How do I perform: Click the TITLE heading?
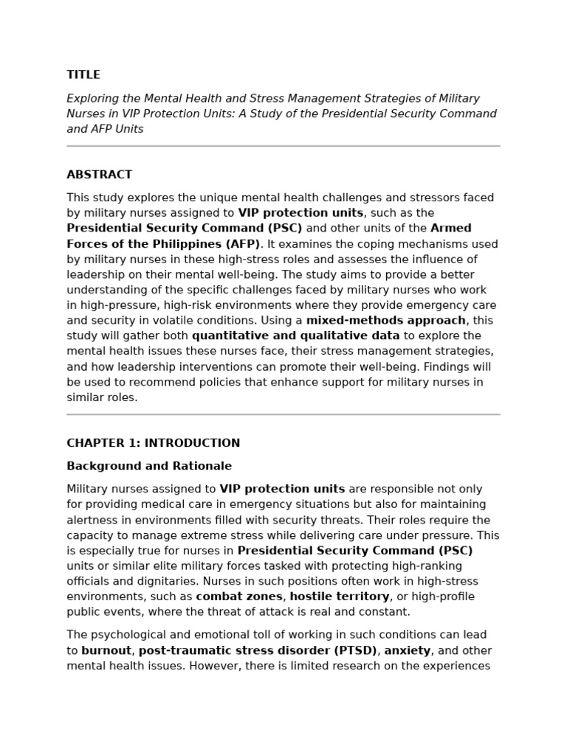(83, 74)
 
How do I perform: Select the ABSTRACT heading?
(100, 175)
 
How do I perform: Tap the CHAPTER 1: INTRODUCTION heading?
(153, 443)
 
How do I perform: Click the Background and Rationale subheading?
(149, 466)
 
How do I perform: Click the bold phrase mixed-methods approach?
(386, 320)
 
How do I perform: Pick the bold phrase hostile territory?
(340, 596)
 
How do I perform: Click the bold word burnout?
(106, 650)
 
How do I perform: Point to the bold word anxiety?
(407, 650)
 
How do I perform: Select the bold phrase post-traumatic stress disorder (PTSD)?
(258, 650)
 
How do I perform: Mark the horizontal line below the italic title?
(283, 146)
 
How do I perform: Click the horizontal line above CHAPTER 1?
(283, 414)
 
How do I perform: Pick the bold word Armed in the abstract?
(451, 228)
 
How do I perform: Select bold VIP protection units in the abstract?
(300, 213)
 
